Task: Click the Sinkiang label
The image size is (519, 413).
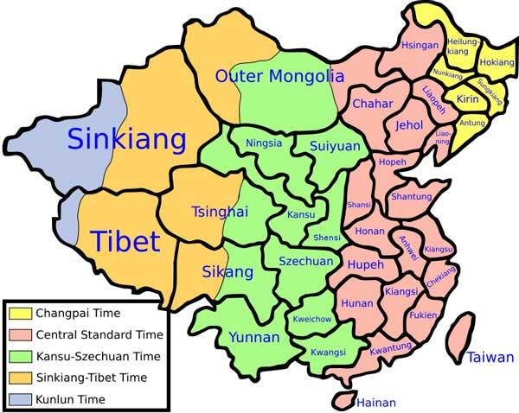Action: [126, 138]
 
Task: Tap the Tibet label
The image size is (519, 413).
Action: [125, 239]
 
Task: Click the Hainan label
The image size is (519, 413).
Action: [375, 403]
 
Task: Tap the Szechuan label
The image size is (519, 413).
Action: [305, 261]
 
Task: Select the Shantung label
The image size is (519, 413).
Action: [411, 197]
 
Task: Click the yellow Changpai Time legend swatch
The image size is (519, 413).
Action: [19, 313]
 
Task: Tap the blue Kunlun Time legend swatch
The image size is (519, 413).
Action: [19, 399]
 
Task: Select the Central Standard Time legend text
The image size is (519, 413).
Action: [99, 334]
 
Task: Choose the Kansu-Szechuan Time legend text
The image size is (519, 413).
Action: [99, 356]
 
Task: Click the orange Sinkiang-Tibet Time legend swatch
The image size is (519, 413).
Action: [19, 378]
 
